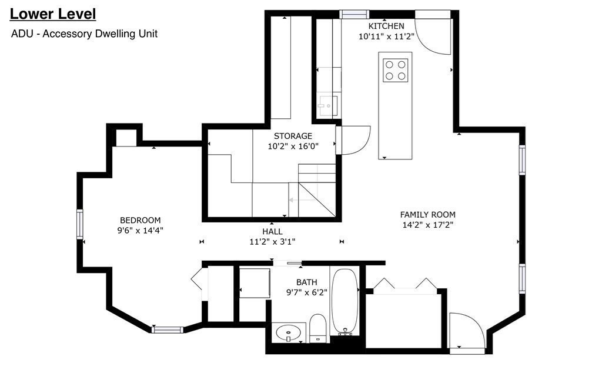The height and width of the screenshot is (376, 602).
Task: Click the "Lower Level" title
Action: coord(53,14)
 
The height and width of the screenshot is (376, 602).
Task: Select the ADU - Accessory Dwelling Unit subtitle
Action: coord(84,34)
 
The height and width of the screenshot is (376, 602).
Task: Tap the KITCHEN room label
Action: coord(386,26)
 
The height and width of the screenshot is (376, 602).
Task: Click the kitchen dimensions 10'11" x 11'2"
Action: coord(386,36)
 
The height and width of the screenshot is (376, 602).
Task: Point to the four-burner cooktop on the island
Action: coord(396,70)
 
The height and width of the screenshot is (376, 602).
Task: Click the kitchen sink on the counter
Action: coord(327,106)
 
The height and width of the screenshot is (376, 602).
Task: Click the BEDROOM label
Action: coord(140,221)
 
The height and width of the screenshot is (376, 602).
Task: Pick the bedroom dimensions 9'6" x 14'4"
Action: coord(140,231)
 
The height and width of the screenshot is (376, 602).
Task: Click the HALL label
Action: coord(272,231)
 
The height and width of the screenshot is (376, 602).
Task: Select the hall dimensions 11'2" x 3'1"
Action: coord(272,241)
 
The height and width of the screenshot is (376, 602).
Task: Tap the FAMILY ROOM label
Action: coord(427,215)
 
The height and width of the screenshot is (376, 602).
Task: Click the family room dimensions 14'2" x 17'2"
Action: coord(427,225)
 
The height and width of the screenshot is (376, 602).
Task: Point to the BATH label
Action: coord(306,282)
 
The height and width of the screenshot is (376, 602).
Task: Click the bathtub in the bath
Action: coord(345,302)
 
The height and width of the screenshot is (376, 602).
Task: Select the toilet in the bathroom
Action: coord(317,328)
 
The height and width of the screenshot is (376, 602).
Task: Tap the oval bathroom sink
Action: coord(289,333)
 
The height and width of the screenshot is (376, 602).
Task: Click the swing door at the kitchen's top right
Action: coord(433,32)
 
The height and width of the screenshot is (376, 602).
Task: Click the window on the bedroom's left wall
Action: coord(79,224)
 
